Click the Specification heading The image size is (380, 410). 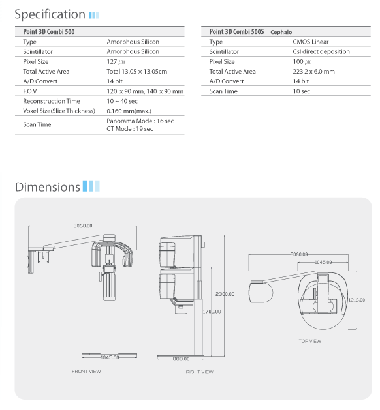[50, 14]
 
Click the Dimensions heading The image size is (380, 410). [48, 187]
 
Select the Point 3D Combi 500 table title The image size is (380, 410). [49, 32]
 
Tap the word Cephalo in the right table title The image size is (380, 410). [281, 32]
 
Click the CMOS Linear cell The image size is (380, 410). [311, 42]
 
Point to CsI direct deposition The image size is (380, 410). [321, 51]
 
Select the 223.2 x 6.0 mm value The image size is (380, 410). [314, 72]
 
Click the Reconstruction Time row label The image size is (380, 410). [52, 101]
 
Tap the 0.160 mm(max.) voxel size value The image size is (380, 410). [129, 111]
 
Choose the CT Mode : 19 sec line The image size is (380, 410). [130, 129]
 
